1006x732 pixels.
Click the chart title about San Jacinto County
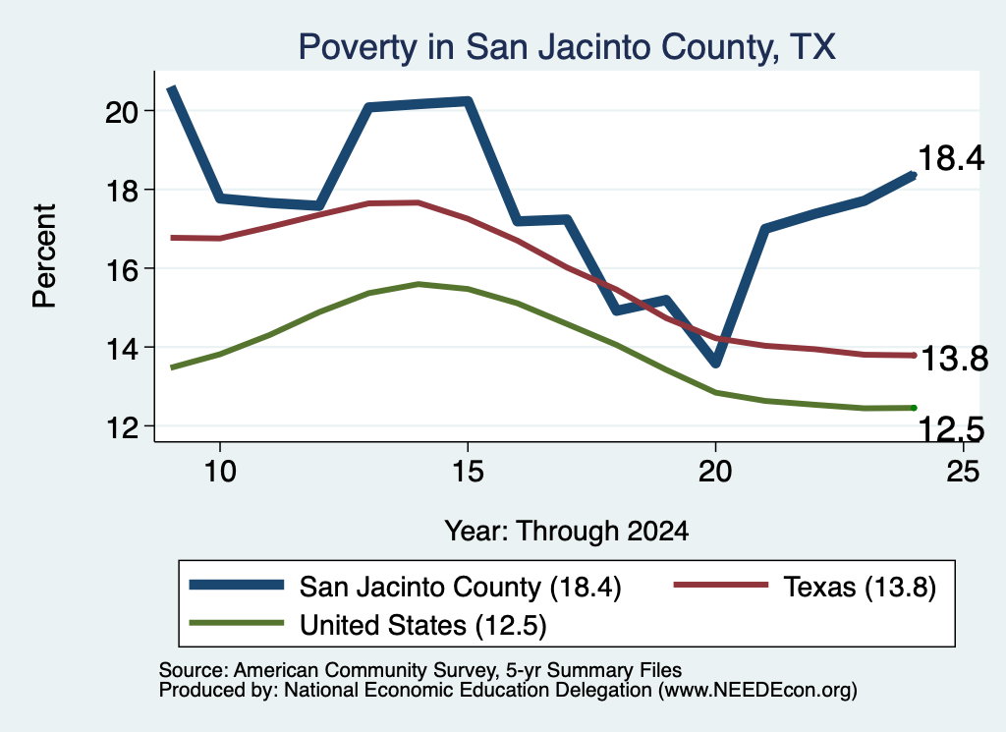click(x=567, y=47)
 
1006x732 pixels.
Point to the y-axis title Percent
click(x=45, y=256)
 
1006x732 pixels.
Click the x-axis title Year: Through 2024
click(x=567, y=532)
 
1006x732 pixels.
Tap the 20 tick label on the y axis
click(x=122, y=112)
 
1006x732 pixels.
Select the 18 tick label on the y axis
click(x=122, y=191)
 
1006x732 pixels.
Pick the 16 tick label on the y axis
click(x=122, y=269)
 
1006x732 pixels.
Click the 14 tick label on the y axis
click(x=122, y=349)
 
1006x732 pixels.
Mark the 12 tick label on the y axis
click(x=122, y=427)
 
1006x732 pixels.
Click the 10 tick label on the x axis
click(x=220, y=472)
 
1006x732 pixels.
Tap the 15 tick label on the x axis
click(x=468, y=472)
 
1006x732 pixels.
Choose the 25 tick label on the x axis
click(x=963, y=472)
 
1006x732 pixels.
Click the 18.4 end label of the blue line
click(x=951, y=158)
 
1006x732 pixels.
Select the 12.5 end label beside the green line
click(x=951, y=428)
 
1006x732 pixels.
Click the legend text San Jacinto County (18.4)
click(x=460, y=587)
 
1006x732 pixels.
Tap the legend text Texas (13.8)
click(x=860, y=587)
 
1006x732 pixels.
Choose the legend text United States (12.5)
click(x=422, y=626)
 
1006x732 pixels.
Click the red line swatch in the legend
click(x=720, y=585)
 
